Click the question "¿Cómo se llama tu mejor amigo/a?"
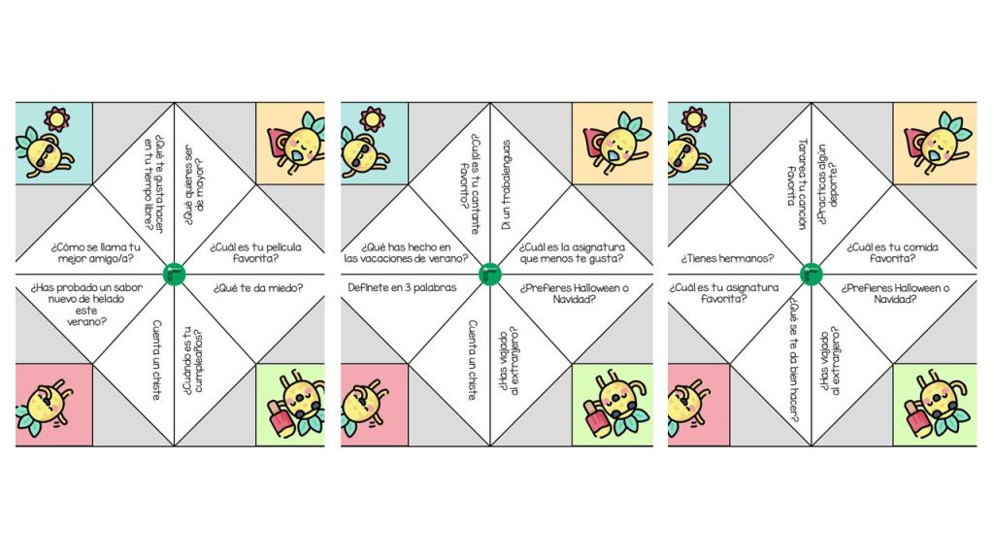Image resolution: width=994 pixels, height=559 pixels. pos(95,253)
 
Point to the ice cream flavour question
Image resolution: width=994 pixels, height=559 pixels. pos(86,305)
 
